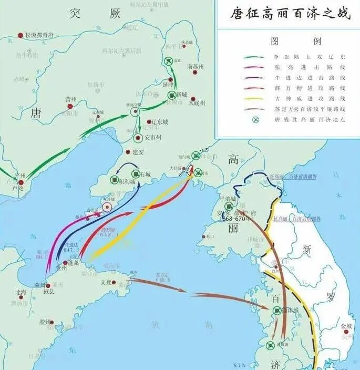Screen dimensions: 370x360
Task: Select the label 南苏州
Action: coord(195,67)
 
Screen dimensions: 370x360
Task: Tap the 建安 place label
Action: coord(138,152)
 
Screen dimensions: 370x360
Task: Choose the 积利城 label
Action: coord(126,182)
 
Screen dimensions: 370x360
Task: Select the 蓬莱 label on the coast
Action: coord(73,263)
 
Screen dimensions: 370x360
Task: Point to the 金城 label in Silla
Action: coord(346,326)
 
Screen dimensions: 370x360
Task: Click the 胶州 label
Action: coord(44,322)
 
